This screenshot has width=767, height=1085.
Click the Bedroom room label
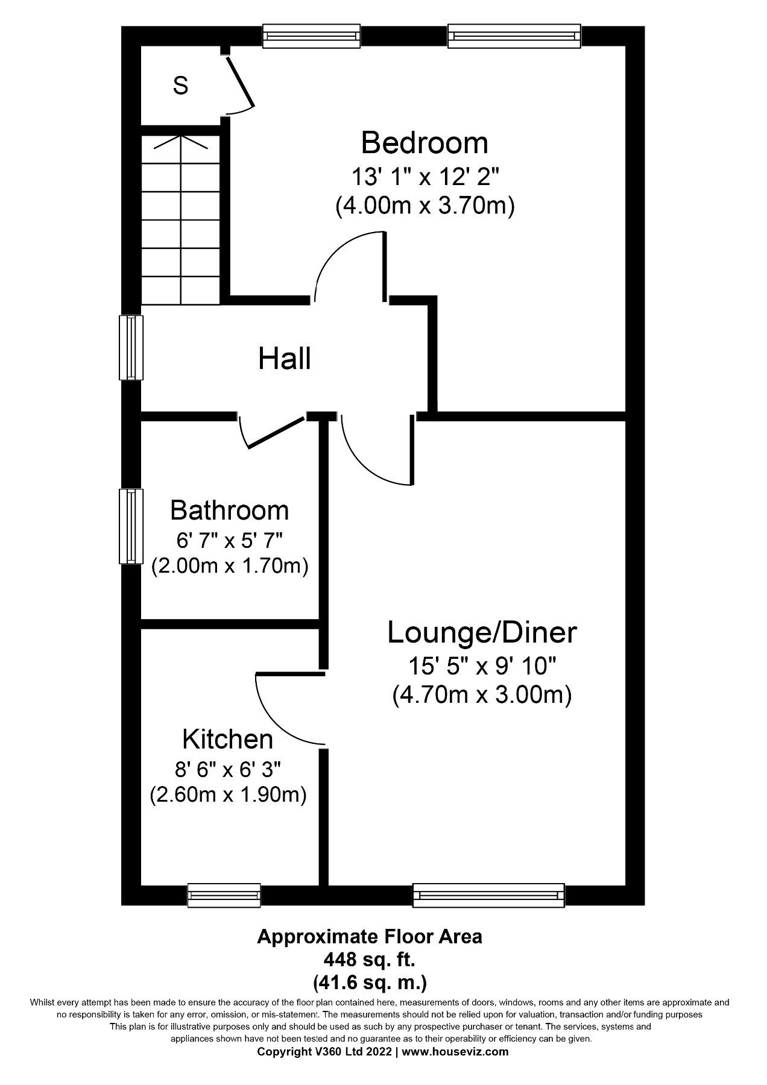tap(424, 143)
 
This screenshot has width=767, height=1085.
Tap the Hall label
tap(285, 359)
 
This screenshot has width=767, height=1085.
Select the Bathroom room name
tap(229, 511)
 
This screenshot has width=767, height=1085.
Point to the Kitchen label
tap(228, 739)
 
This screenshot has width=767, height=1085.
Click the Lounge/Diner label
tap(482, 633)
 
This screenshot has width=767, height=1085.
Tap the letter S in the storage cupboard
tap(180, 86)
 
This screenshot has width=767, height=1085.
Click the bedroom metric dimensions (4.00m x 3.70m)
tap(425, 207)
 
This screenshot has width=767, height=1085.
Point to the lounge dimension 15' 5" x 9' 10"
tap(482, 666)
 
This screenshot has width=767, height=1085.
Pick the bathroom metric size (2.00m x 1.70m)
tap(230, 567)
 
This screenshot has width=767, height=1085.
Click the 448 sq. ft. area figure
tap(370, 958)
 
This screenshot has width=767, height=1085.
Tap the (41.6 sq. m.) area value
tap(370, 983)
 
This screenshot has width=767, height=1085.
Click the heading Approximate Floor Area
tap(370, 937)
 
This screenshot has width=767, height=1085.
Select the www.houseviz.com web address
tap(455, 1052)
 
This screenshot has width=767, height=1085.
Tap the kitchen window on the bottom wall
tap(224, 895)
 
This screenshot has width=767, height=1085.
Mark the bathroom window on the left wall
tap(131, 526)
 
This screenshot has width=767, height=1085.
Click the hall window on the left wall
tap(131, 348)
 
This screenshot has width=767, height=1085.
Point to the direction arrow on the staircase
tap(181, 142)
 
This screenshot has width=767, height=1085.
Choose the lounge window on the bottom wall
tap(488, 895)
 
